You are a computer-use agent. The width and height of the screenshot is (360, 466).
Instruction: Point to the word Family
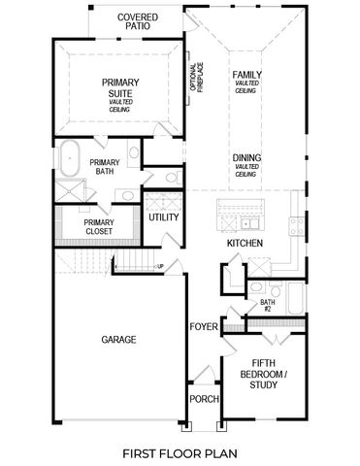tap(245, 75)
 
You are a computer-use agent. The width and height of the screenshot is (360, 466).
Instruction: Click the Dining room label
tap(245, 157)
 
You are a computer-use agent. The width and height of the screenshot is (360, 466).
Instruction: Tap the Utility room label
tap(163, 217)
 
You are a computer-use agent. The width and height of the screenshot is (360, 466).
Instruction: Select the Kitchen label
tap(244, 245)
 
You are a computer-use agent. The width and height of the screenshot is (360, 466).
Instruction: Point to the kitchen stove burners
tap(297, 227)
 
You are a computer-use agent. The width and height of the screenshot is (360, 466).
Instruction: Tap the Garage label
tap(118, 340)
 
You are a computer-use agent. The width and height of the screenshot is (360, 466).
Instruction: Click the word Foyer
tap(203, 326)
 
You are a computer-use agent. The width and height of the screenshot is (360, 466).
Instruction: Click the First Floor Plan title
tap(180, 452)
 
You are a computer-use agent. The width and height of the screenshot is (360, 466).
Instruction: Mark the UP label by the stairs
tap(159, 267)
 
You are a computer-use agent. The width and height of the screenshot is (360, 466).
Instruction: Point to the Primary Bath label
tap(104, 167)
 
